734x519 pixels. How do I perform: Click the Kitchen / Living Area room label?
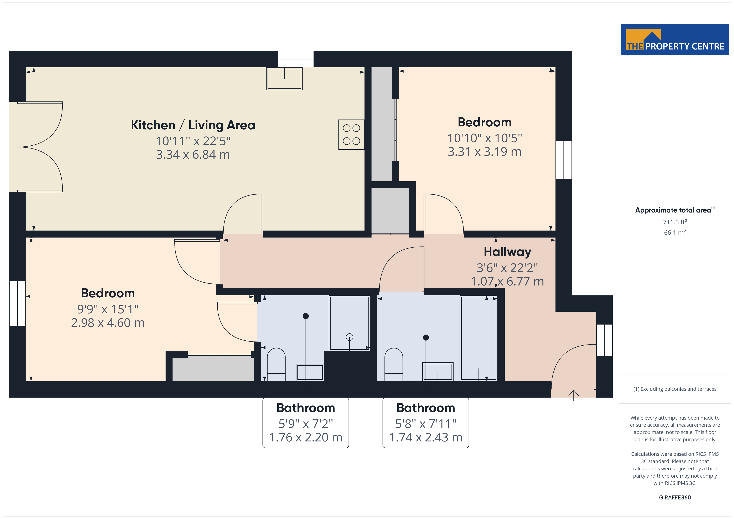193,125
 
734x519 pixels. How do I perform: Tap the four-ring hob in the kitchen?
351,135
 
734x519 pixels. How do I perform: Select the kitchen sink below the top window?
284,79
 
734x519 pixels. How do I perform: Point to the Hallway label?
507,252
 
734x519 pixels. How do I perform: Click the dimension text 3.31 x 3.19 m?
484,152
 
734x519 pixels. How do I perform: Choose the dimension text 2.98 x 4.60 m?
108,323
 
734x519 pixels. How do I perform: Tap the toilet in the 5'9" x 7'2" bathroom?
276,364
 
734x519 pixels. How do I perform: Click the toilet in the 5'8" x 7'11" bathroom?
394,364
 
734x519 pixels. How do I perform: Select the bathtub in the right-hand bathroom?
479,338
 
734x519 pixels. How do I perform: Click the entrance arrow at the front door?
574,395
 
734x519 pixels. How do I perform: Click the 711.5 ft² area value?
675,222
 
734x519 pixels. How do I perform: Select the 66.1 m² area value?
675,232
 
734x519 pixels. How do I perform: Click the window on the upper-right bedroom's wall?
564,160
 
